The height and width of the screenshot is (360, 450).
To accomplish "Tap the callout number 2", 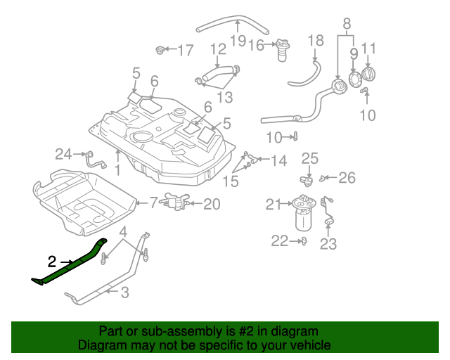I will coord(51,262).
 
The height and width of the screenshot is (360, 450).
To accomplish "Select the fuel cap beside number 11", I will coord(370,73).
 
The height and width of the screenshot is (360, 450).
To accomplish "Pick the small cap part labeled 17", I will coord(161,50).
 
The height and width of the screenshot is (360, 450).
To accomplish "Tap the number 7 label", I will coord(153,203).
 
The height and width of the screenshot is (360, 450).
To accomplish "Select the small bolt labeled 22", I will coord(302,241).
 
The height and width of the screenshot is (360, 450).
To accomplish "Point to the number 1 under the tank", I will coord(117,169).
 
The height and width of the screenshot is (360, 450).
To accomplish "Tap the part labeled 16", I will coord(283,50).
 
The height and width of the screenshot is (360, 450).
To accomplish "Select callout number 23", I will coord(328,244).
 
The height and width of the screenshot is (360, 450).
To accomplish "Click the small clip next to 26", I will coord(324,177).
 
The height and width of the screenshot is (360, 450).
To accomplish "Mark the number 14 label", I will coord(278,161).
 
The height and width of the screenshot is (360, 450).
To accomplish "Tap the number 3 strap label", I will coord(124,292).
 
